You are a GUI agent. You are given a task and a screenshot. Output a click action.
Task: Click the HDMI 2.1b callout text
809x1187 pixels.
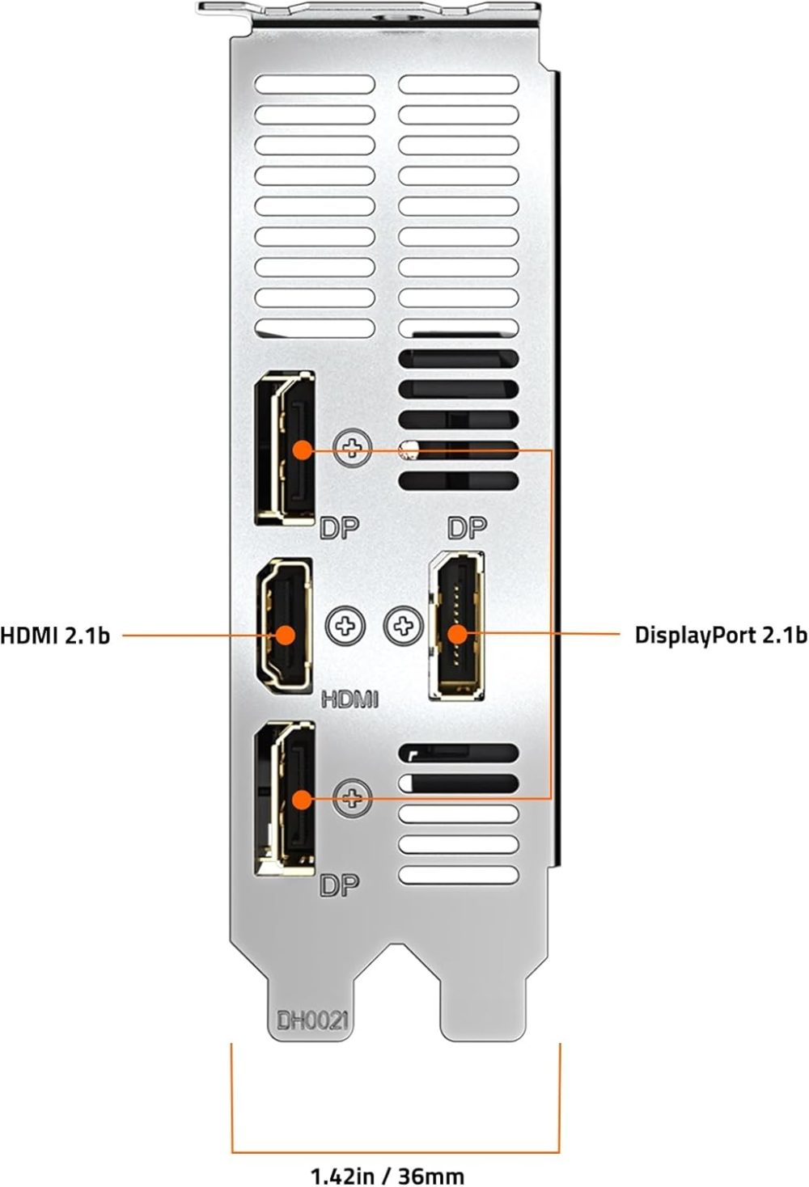coord(55,635)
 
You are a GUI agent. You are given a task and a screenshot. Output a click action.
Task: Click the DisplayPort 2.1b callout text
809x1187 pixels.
coord(720,635)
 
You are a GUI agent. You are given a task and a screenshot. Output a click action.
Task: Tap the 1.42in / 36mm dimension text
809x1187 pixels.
coord(388,1174)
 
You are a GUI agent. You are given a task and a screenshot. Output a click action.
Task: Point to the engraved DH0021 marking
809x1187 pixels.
coord(312,1020)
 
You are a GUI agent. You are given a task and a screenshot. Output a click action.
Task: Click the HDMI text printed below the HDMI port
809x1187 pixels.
coord(349,698)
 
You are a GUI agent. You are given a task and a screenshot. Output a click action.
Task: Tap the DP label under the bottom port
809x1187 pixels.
coord(339,885)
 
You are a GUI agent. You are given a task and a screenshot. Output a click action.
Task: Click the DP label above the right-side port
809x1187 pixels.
coord(467,529)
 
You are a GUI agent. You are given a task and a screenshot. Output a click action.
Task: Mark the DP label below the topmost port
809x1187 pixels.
coord(339,528)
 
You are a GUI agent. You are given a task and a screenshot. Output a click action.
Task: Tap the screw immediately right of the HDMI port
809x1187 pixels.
coord(345,624)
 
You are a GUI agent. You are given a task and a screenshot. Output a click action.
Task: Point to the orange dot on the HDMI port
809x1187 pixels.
coord(285,635)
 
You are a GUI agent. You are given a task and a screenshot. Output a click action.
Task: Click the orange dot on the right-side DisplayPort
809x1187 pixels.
coord(457,635)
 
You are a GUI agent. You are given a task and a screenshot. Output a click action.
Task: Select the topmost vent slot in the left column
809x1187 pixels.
coord(315,84)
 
